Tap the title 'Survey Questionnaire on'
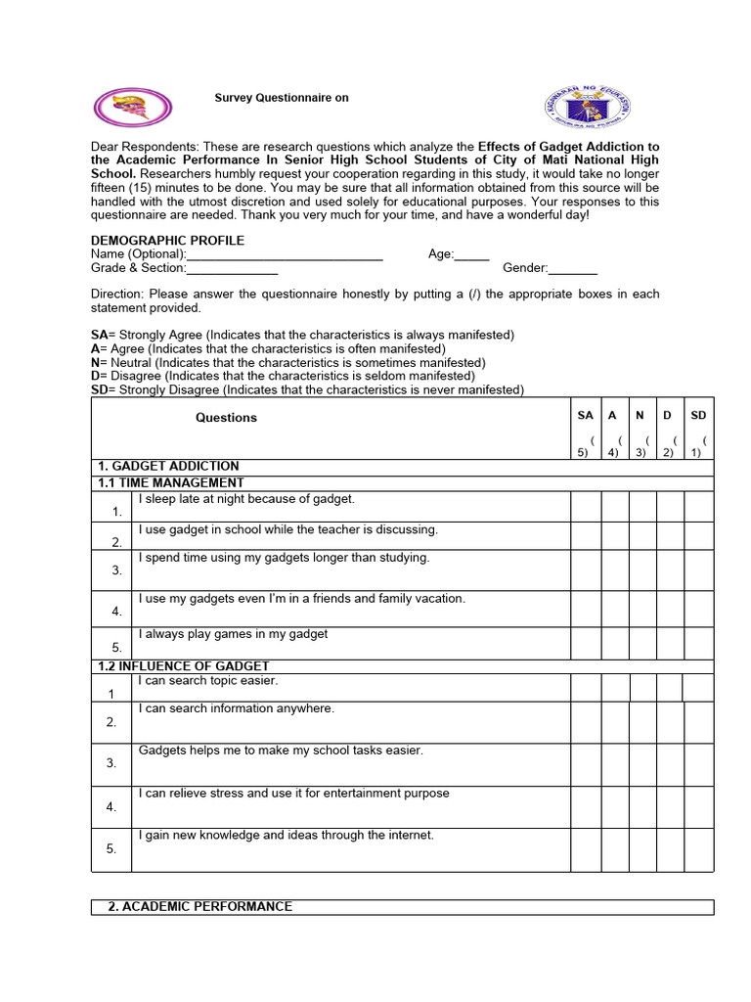click(282, 98)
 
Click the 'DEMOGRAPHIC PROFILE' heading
click(168, 241)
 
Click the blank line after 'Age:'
click(472, 255)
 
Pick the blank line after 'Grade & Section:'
click(233, 269)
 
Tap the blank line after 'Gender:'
click(573, 269)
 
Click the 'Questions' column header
click(226, 418)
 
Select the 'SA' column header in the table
click(586, 416)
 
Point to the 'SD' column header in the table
click(698, 416)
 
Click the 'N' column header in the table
click(640, 416)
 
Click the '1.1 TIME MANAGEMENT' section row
click(171, 482)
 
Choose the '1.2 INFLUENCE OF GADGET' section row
click(183, 666)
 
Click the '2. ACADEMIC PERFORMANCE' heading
click(199, 907)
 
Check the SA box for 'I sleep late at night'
click(585, 506)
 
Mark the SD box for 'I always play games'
click(698, 643)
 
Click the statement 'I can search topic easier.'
click(208, 681)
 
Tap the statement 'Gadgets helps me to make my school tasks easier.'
click(281, 751)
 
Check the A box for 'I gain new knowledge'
click(615, 847)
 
